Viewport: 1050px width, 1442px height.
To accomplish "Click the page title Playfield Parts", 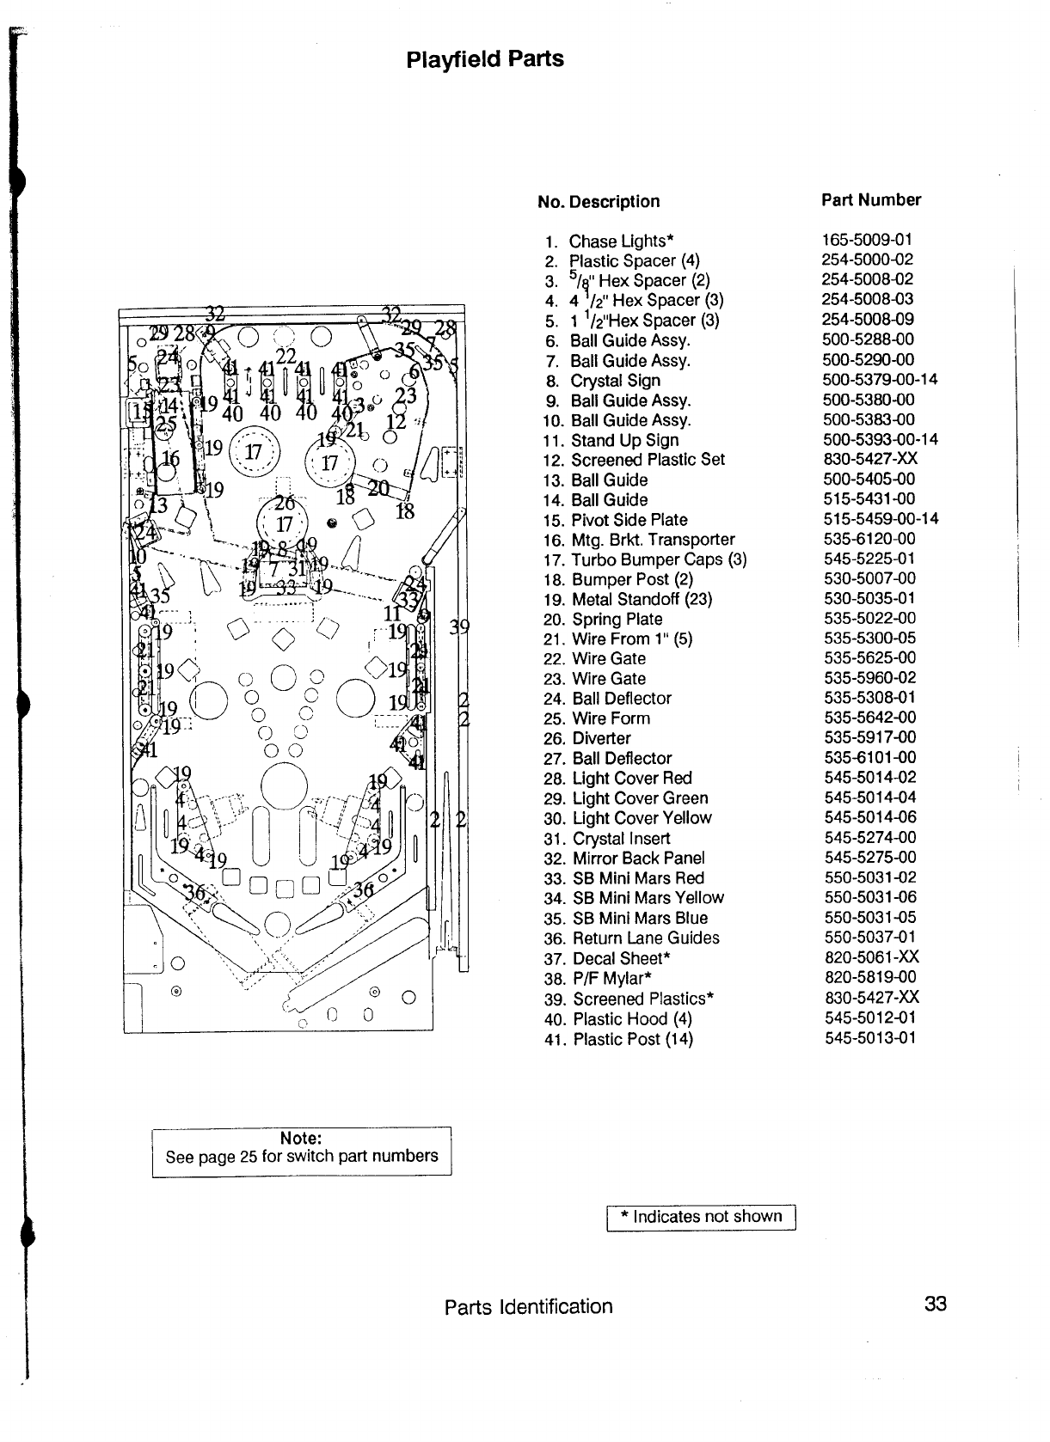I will click(x=484, y=59).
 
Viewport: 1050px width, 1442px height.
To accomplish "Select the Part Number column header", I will click(x=870, y=200).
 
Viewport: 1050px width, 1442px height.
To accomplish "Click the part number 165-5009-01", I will click(x=867, y=240).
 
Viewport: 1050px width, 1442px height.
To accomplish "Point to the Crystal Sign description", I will click(x=615, y=381).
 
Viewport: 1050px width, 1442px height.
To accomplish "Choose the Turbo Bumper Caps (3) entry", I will click(x=659, y=559).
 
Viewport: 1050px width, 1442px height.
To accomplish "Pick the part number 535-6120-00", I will click(x=869, y=539).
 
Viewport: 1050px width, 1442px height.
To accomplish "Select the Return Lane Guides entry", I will click(x=645, y=938).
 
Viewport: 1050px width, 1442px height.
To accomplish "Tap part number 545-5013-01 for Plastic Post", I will click(x=869, y=1038).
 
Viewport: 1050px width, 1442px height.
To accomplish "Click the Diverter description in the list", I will click(x=601, y=738).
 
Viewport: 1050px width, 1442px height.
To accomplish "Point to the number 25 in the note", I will click(x=249, y=1157).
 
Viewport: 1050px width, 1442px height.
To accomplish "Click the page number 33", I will click(x=935, y=1304).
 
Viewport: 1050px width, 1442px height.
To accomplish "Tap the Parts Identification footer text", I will click(x=528, y=1306).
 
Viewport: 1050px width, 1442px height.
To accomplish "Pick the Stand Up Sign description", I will click(x=624, y=440).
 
